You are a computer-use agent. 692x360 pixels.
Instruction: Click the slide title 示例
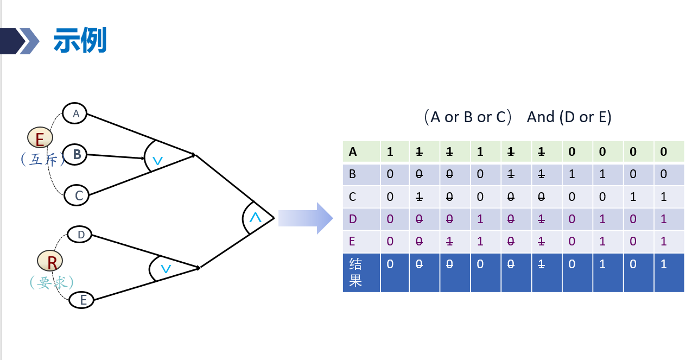pos(80,41)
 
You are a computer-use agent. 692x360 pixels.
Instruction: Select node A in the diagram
pos(75,113)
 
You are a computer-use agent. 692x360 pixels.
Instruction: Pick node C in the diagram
pos(77,195)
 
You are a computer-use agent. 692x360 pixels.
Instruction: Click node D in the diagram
pos(80,235)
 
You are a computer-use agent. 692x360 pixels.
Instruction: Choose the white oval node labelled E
pos(82,300)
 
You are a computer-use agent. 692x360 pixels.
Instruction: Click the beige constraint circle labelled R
pos(50,262)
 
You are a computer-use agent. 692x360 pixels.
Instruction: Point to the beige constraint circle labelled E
pos(40,139)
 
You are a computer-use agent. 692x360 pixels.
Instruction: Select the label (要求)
pos(52,282)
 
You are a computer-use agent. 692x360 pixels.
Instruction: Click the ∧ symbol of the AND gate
pos(255,218)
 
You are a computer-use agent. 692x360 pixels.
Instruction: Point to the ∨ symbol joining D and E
pos(166,269)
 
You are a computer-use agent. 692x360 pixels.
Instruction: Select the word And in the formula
pos(541,117)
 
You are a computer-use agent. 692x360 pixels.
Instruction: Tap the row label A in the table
pos(353,152)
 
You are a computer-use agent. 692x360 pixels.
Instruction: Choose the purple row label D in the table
pos(353,219)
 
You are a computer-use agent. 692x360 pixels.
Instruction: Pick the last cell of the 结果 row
pos(669,273)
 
